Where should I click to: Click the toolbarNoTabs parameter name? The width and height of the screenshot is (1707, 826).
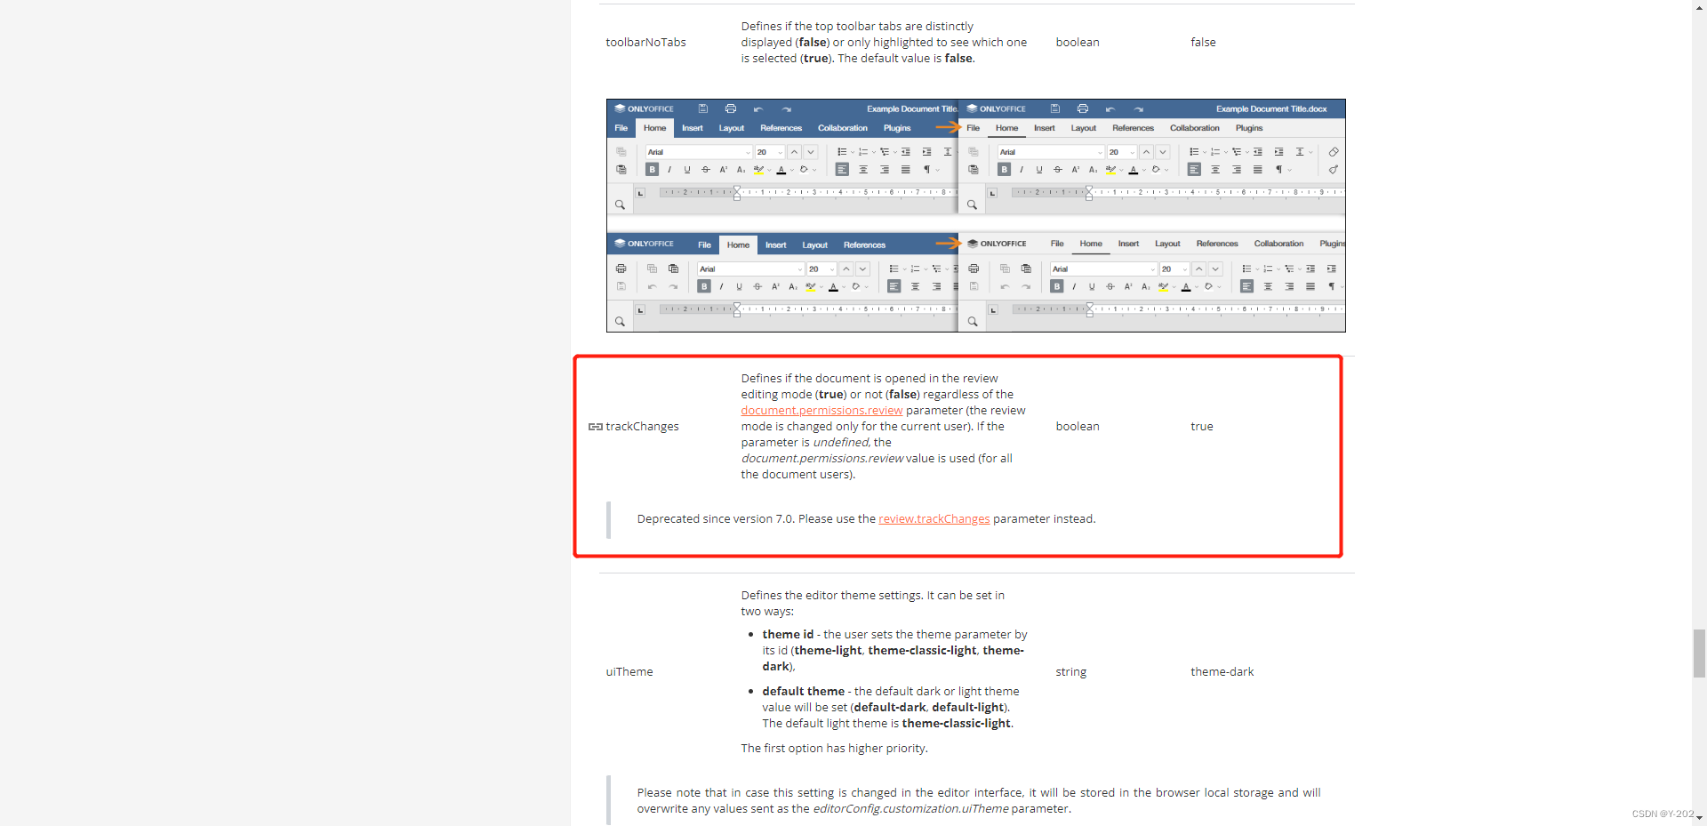[645, 43]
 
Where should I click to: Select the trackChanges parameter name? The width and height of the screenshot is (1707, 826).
[642, 427]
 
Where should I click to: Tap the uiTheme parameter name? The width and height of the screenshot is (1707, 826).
[629, 672]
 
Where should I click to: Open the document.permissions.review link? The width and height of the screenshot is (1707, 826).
[821, 411]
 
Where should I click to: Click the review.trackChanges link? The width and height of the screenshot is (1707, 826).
[934, 519]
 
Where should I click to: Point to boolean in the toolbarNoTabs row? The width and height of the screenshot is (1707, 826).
[1078, 43]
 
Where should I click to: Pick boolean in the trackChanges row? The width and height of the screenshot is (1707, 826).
[1078, 427]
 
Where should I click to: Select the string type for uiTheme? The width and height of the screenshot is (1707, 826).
[1071, 672]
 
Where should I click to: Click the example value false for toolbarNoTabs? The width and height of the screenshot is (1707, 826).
[1203, 43]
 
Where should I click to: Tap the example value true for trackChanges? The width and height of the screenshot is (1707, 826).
[1202, 427]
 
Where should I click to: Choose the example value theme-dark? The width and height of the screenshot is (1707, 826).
[1222, 672]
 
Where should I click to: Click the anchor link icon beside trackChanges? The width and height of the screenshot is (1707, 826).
[596, 427]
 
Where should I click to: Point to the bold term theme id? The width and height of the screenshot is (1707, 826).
[788, 635]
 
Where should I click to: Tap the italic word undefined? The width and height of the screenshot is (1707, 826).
[840, 443]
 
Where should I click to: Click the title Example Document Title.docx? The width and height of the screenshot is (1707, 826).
[1271, 109]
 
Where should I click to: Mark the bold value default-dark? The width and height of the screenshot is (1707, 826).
[890, 708]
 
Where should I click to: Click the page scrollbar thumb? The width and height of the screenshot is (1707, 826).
[1699, 654]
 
